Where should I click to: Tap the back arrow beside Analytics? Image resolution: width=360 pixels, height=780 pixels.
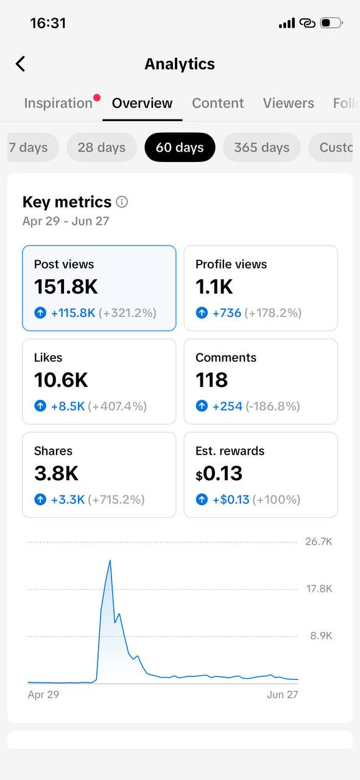click(21, 64)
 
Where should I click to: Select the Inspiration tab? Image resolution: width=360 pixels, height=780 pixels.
click(58, 103)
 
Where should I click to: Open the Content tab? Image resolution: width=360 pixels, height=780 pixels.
click(217, 103)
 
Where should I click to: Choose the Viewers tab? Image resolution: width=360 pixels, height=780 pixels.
click(288, 103)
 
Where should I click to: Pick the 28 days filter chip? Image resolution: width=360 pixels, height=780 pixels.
click(102, 147)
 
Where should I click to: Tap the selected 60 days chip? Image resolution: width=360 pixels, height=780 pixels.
click(180, 147)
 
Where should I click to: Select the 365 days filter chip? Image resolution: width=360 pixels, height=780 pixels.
click(261, 147)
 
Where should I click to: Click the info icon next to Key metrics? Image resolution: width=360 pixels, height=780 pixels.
click(122, 202)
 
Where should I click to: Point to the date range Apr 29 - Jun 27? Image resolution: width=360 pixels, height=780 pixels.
click(66, 221)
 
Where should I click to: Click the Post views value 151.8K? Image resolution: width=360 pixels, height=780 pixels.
click(66, 287)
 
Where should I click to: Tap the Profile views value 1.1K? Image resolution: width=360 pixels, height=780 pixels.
click(214, 287)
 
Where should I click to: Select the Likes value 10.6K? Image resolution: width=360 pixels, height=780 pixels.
click(61, 380)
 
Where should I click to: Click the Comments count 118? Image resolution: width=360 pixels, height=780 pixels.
click(212, 380)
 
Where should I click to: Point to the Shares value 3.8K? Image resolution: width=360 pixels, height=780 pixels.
click(57, 473)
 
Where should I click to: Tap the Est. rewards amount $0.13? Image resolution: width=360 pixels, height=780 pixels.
click(219, 473)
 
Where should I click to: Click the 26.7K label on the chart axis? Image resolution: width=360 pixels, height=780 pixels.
click(319, 542)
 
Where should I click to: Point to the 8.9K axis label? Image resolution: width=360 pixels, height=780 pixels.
click(322, 636)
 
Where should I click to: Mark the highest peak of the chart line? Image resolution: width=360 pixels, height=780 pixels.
click(110, 560)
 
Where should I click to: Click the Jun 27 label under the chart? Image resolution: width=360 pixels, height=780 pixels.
click(283, 695)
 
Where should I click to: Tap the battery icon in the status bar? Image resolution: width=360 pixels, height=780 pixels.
click(331, 23)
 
